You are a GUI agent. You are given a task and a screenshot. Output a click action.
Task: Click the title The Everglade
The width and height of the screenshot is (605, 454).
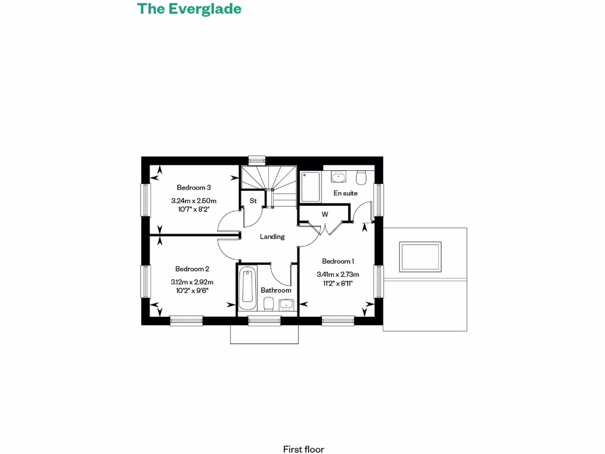pos(189,9)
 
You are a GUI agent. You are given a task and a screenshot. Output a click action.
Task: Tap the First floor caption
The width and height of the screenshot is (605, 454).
pos(303,449)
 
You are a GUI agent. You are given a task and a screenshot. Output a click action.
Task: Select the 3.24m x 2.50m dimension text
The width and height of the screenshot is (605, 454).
pos(194,200)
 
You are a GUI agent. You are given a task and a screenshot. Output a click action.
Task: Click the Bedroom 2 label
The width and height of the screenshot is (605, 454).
pos(192,268)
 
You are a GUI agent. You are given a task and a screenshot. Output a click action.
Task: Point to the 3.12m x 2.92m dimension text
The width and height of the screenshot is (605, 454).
pos(192,282)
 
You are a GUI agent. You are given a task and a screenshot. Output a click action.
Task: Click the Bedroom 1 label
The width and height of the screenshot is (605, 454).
pos(338,261)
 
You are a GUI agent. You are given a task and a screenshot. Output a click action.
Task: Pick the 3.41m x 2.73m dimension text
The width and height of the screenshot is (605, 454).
pos(338,274)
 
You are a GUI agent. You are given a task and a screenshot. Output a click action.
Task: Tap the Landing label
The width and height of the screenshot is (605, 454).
pos(272,236)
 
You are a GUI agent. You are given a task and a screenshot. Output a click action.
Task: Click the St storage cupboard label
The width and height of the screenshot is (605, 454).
pos(253,200)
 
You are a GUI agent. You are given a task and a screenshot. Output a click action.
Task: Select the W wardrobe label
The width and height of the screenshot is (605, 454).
pos(324,214)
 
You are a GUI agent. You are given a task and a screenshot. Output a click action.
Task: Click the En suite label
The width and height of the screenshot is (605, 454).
pos(346,193)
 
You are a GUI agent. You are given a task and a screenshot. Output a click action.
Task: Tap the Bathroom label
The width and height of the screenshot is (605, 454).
pos(276,290)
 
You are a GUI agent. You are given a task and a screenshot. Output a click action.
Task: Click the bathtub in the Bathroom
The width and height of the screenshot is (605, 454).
pos(248,289)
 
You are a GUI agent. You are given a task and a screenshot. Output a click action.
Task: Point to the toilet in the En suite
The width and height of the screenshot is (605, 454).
pos(362,177)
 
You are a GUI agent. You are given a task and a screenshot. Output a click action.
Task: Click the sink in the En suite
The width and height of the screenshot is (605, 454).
pos(339,177)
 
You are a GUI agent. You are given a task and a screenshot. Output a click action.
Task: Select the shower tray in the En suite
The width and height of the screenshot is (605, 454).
pos(310,186)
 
